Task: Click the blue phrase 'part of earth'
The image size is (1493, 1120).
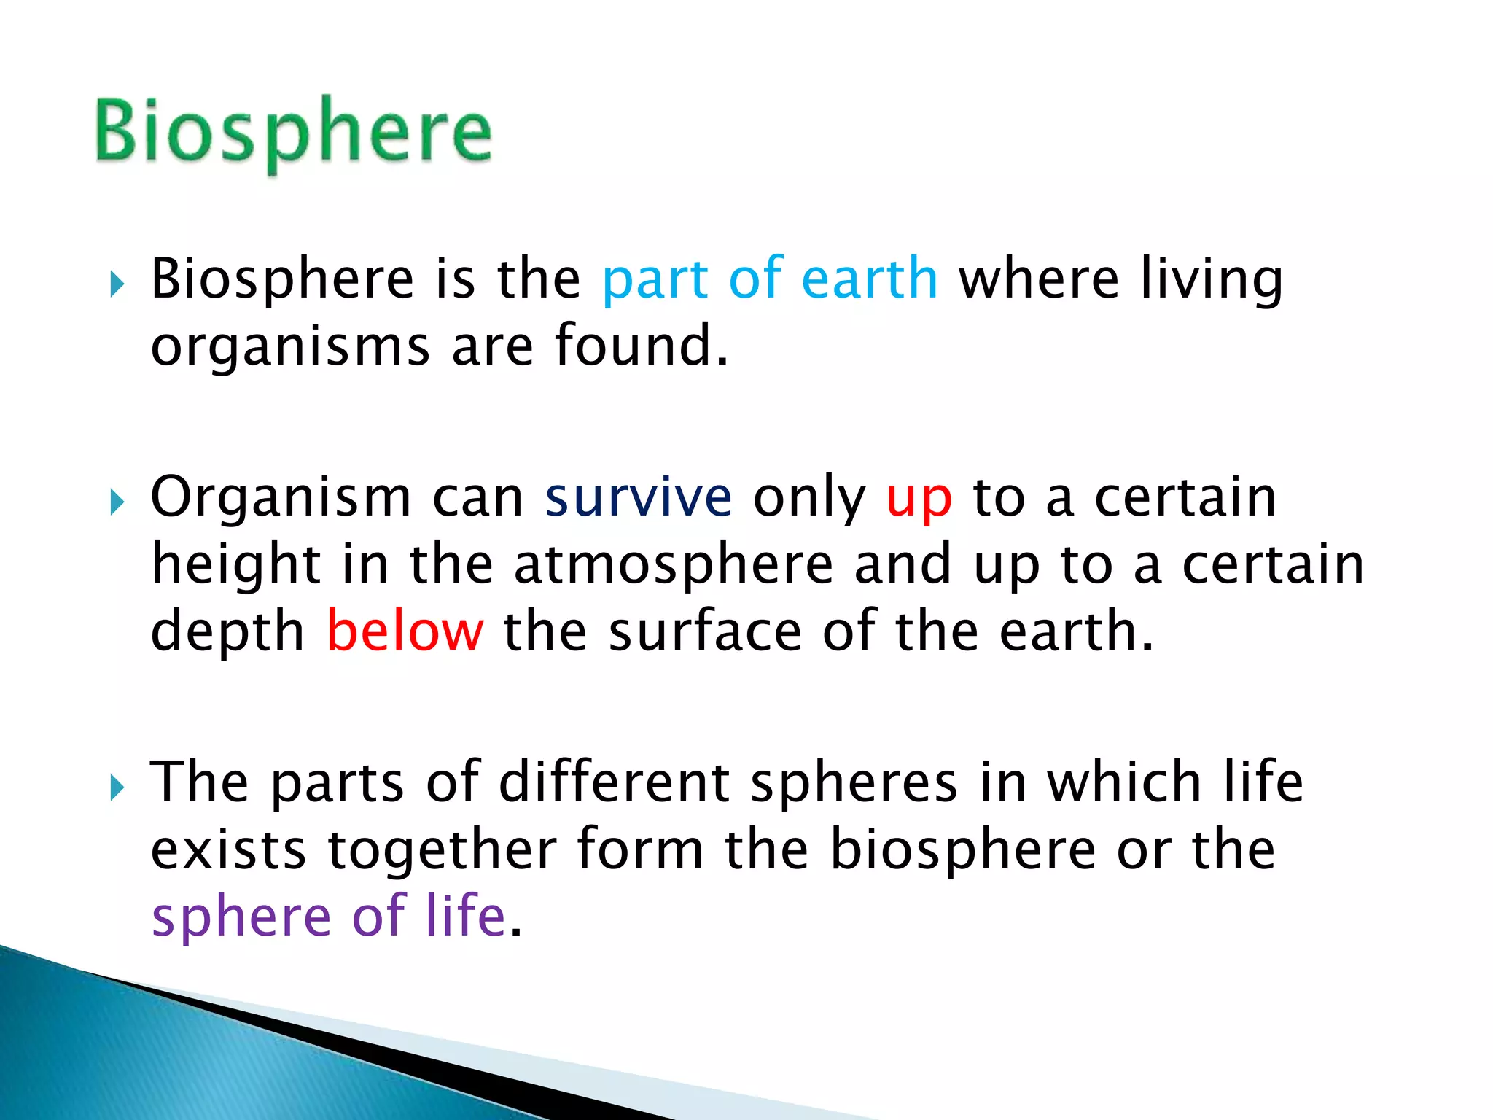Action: tap(770, 279)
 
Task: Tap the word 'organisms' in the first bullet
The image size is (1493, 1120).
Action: tap(290, 347)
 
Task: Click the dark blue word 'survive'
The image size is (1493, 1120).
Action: tap(639, 498)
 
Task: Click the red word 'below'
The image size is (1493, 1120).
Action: tap(405, 631)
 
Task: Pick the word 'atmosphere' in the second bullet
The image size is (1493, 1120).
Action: tap(674, 565)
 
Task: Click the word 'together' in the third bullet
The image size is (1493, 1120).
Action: tap(443, 850)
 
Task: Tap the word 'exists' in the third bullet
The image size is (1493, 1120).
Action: tap(228, 850)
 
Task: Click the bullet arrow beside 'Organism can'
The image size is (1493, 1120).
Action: tap(117, 502)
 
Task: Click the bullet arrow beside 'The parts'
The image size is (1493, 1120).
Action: tap(117, 787)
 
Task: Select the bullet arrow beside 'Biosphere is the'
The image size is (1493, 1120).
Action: tap(117, 284)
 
